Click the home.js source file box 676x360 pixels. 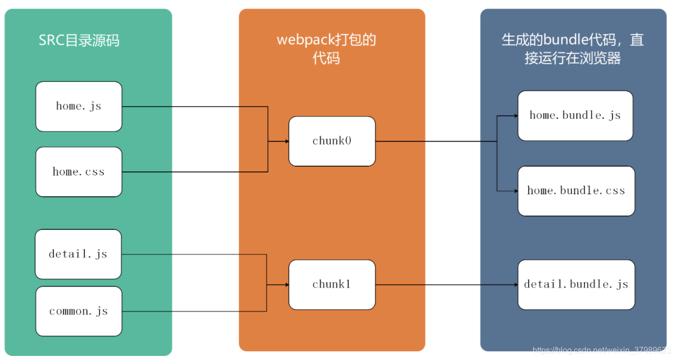coord(79,106)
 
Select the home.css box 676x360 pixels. coord(79,172)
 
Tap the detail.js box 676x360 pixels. coord(78,254)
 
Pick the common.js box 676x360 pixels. coord(79,311)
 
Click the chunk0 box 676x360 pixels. coord(332,141)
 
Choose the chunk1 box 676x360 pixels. coord(332,285)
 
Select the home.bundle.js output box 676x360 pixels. coord(575,115)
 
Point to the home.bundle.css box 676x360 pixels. coord(576,191)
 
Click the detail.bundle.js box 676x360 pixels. coord(576,285)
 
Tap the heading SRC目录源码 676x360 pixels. coord(79,40)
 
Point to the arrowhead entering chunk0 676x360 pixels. coord(287,141)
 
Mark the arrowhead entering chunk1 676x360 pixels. coord(287,285)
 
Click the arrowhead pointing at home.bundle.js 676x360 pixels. coord(516,115)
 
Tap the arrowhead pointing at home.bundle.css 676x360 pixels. coord(516,191)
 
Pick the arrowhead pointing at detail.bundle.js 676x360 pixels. coord(516,285)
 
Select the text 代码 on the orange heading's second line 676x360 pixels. coord(326,58)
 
